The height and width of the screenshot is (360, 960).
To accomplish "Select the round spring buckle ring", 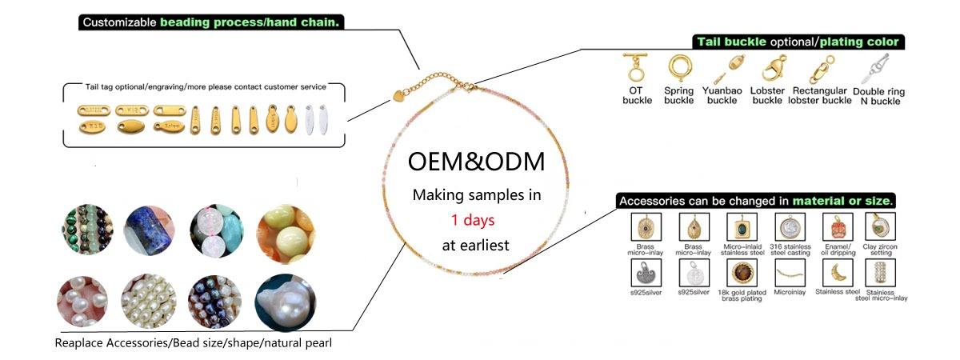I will (679, 67).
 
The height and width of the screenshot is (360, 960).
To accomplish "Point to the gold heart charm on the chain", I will (398, 95).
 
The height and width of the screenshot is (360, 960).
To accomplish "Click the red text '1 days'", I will (473, 219).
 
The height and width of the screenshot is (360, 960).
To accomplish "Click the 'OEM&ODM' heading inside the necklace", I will (476, 162).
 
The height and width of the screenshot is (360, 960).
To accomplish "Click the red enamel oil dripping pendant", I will (837, 226).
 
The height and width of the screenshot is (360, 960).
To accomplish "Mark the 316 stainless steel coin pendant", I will (790, 226).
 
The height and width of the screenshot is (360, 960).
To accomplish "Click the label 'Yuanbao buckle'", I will (722, 95).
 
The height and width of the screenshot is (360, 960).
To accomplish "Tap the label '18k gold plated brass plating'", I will (739, 294).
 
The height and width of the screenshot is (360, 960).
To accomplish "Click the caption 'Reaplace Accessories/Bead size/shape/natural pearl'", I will (193, 343).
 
